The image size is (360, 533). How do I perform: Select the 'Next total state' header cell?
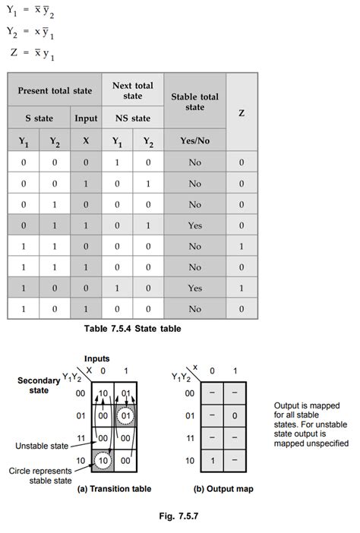click(x=133, y=91)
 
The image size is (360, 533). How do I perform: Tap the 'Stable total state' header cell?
click(x=194, y=102)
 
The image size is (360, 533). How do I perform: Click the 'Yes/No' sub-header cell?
click(x=194, y=140)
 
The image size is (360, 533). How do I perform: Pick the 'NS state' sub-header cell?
click(x=133, y=118)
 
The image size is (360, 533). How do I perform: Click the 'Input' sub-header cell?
click(x=86, y=118)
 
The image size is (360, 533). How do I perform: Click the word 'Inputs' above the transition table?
click(x=96, y=358)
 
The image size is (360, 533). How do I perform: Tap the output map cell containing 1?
click(x=212, y=460)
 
